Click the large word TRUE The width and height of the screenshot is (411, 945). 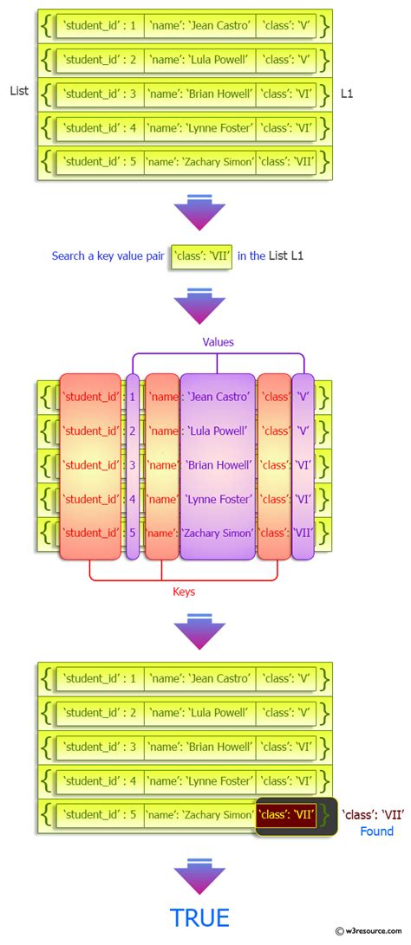[199, 917]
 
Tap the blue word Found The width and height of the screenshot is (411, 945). [376, 832]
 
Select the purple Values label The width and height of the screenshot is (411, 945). [218, 342]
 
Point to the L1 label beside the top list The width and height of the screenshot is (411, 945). [347, 92]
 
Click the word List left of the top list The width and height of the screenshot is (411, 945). [19, 91]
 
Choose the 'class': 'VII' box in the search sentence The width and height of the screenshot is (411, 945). [201, 256]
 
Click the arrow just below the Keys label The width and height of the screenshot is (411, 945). [199, 630]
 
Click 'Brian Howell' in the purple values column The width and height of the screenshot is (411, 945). [218, 464]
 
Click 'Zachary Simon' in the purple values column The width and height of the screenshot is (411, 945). [218, 533]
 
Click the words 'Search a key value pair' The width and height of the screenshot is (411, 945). [108, 256]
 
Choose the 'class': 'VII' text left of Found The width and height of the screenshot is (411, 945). [373, 814]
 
